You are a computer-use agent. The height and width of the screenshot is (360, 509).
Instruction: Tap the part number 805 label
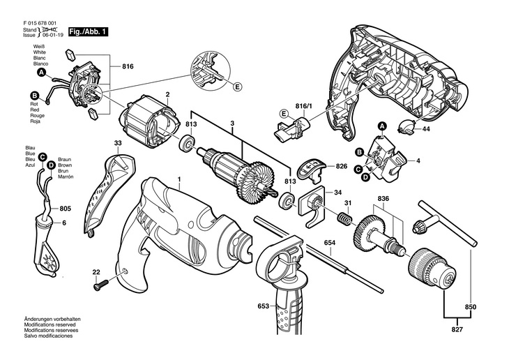point(65,208)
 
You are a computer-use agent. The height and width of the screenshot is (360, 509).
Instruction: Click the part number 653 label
point(243,305)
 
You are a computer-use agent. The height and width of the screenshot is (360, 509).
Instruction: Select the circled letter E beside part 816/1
point(284,114)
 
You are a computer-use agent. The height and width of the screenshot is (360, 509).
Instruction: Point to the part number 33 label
point(118,143)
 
